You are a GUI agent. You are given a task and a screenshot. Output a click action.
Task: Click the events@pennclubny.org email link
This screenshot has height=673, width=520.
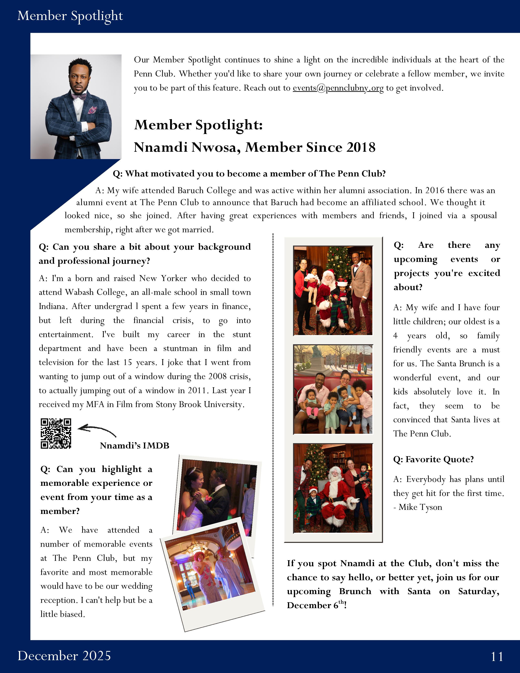pos(338,88)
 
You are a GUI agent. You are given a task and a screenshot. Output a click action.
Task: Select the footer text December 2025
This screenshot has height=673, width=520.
pos(64,656)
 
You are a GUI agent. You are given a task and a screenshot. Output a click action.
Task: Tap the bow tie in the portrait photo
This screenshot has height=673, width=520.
pos(79,96)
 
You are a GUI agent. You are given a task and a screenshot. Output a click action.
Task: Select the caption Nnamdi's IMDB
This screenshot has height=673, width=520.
pos(134,446)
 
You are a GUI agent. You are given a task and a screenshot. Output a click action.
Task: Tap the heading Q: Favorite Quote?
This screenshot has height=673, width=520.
pos(434,459)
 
